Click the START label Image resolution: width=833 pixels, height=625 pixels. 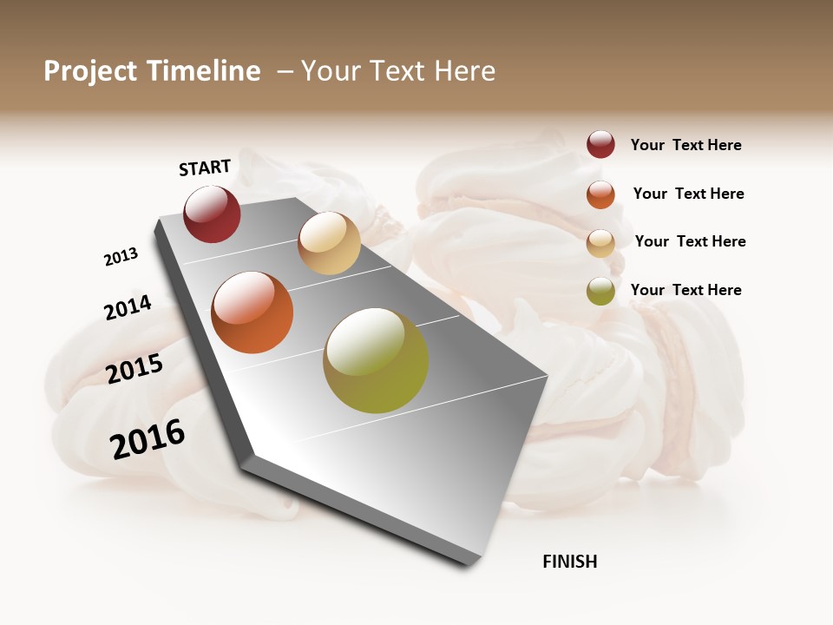205,168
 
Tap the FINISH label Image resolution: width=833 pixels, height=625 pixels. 570,562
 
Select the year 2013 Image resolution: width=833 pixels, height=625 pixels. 121,257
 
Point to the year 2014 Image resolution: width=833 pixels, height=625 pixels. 128,307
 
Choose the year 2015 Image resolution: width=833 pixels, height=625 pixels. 134,370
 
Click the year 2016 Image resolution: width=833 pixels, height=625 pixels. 148,439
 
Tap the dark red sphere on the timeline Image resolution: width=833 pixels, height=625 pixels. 212,214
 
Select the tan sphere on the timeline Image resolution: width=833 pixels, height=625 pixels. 329,243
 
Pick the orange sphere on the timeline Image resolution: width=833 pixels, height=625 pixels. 253,312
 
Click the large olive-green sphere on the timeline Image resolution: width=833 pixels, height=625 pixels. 376,360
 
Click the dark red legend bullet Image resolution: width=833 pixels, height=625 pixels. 600,144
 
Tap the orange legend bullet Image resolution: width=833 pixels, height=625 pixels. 600,194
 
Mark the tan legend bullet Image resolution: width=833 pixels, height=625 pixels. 600,243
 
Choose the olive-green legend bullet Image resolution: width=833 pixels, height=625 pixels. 600,292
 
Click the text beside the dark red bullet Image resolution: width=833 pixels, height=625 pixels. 685,145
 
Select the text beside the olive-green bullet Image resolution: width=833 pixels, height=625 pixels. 685,290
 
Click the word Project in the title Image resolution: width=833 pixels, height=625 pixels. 89,71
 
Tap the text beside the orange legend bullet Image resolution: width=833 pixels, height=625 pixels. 688,194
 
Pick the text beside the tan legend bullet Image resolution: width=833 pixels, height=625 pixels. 690,241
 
